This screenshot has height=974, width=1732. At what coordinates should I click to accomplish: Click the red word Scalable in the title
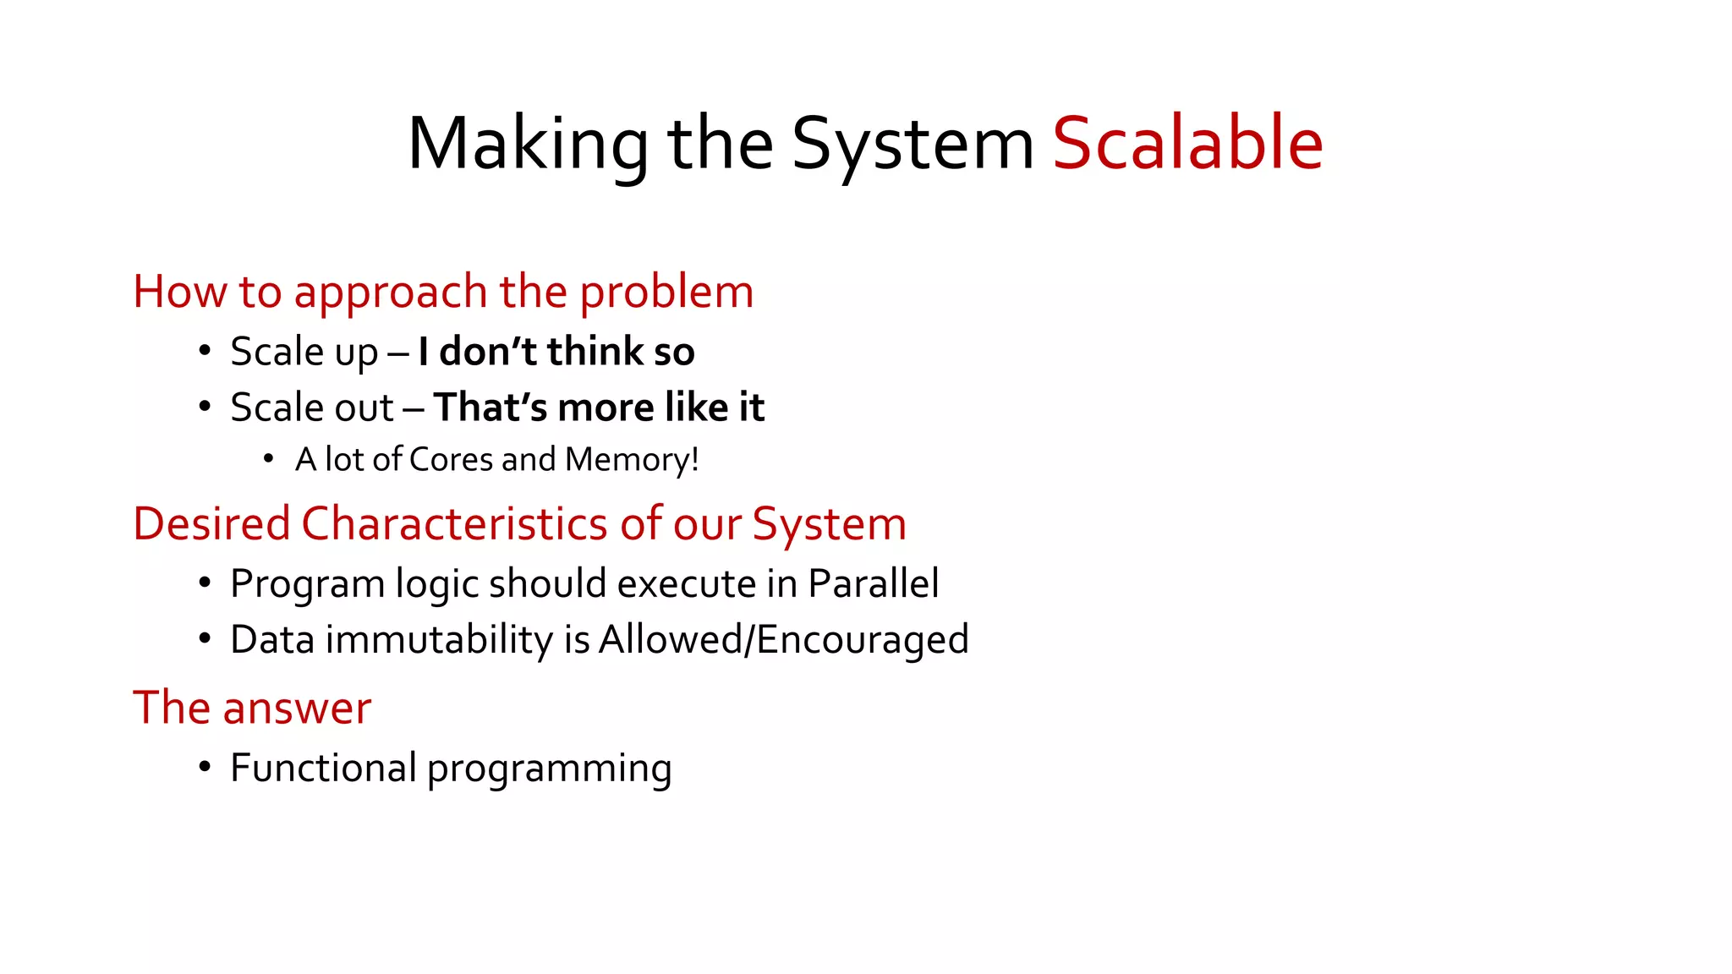pos(1187,144)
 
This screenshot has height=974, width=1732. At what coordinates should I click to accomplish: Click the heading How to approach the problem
pos(443,293)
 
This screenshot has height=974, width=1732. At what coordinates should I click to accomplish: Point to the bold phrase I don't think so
pos(556,352)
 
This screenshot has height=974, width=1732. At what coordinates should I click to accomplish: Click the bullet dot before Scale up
pos(205,351)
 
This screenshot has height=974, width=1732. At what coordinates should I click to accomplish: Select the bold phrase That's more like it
pos(599,408)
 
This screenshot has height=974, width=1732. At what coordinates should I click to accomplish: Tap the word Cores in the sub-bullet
pos(451,460)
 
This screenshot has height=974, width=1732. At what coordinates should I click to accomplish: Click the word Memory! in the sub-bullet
pos(632,460)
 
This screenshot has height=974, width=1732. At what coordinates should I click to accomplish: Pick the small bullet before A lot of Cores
pos(268,459)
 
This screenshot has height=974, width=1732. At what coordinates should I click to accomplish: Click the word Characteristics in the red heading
pos(453,523)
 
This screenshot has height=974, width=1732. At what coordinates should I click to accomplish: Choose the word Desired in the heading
pos(211,523)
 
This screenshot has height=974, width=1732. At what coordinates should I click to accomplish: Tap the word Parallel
pos(873,583)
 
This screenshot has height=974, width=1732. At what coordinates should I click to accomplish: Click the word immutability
pos(439,639)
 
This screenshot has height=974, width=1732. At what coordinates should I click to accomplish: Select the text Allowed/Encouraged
pos(783,639)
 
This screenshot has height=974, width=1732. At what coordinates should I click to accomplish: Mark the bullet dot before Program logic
pos(205,583)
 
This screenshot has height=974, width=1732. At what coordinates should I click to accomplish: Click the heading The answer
pos(252,708)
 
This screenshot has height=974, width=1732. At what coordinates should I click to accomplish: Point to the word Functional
pos(323,768)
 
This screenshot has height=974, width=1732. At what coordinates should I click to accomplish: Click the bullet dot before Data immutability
pos(205,638)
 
